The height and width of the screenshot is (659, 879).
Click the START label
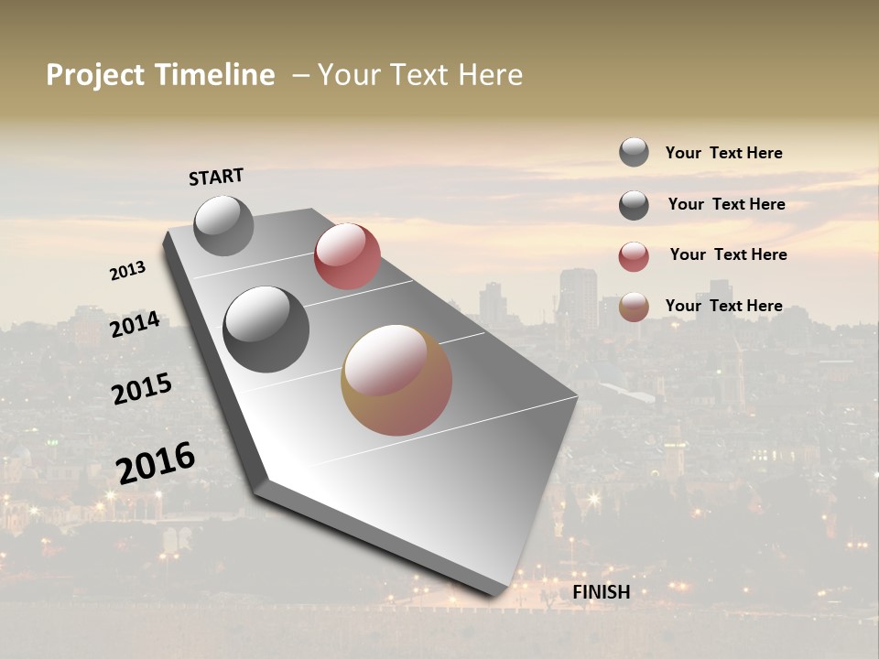click(x=216, y=177)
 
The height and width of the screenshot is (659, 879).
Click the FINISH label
click(x=602, y=592)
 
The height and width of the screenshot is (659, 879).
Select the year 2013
click(x=127, y=271)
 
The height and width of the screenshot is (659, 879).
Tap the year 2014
click(x=135, y=325)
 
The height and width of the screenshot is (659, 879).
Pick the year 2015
click(x=141, y=389)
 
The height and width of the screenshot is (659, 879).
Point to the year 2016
click(x=156, y=462)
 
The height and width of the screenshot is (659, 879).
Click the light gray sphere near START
click(x=223, y=225)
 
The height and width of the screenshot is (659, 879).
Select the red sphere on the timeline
click(x=347, y=256)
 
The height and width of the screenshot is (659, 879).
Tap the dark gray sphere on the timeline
click(x=266, y=329)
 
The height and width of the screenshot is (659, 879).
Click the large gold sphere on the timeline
click(x=396, y=380)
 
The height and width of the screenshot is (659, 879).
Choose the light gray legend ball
click(x=634, y=152)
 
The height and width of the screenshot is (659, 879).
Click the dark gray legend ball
click(x=634, y=205)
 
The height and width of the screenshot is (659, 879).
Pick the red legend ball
click(x=634, y=256)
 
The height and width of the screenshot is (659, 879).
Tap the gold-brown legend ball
click(x=634, y=307)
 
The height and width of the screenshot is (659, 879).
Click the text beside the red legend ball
click(x=728, y=254)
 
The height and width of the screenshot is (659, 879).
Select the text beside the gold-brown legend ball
click(x=723, y=306)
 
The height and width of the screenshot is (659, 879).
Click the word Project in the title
click(x=95, y=75)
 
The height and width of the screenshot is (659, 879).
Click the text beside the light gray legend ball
click(x=723, y=153)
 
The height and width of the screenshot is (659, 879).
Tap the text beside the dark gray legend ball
click(x=726, y=204)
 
